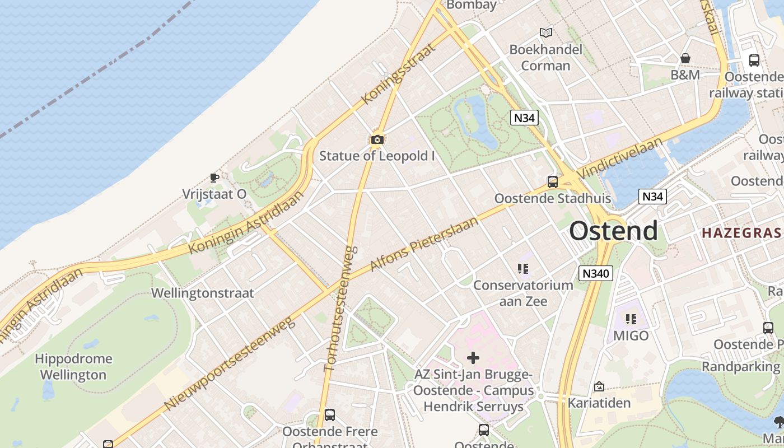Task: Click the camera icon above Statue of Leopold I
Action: point(377,139)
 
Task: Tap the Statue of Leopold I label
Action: point(377,156)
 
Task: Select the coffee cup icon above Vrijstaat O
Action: point(214,178)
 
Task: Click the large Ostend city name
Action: point(613,231)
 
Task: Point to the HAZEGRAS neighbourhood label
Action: point(741,233)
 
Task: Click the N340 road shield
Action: point(596,273)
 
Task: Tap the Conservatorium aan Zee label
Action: point(523,293)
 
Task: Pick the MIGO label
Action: point(631,335)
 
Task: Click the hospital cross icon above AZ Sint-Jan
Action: point(473,357)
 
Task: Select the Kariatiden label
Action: point(599,403)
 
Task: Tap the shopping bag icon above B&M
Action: point(685,58)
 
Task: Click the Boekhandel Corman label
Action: point(545,57)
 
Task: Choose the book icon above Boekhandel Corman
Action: point(545,32)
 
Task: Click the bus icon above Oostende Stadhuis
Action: point(553,182)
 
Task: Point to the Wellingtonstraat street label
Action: point(202,293)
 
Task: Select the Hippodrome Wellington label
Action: point(73,366)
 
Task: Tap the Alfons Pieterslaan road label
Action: point(424,244)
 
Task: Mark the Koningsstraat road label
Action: point(399,74)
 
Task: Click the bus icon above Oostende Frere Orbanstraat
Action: point(330,415)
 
